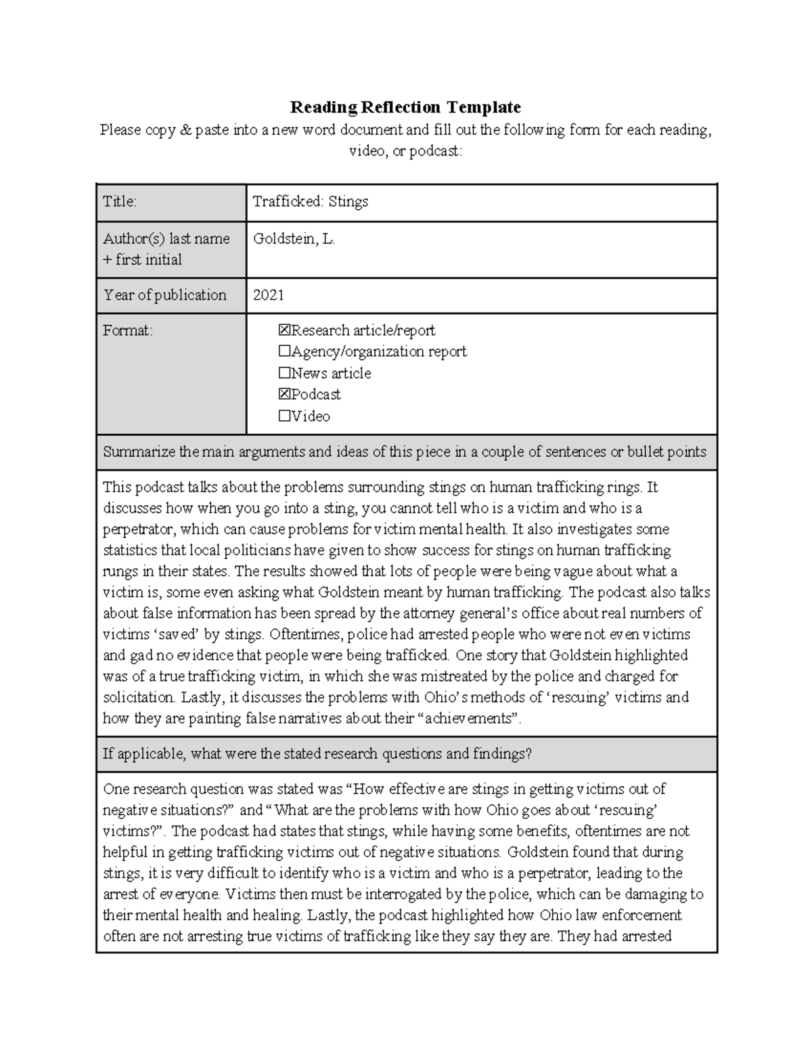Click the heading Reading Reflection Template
coord(405,107)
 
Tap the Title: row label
coord(120,202)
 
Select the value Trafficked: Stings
coord(310,202)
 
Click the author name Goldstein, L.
coord(294,239)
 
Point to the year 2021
coord(268,295)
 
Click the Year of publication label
coord(164,295)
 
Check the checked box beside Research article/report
coord(284,330)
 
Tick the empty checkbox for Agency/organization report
coord(284,352)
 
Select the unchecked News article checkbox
coord(284,373)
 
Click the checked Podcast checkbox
coord(284,394)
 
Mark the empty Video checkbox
coord(284,416)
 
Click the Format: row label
coord(128,330)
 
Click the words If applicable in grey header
coord(142,754)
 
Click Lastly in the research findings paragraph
coord(329,916)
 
